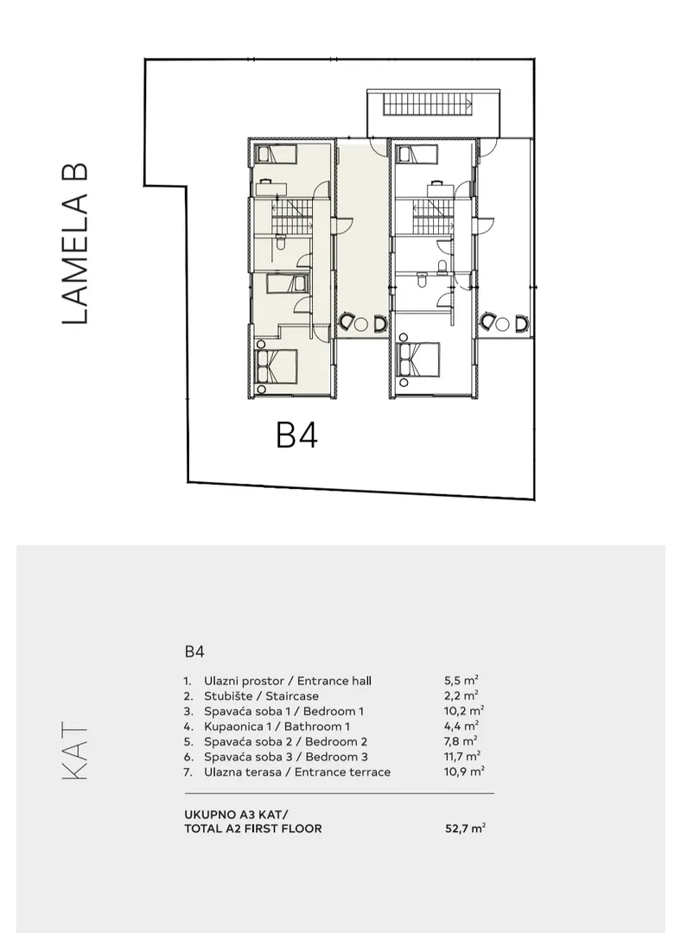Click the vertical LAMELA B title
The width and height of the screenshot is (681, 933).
(x=75, y=244)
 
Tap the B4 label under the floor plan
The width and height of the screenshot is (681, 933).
(x=296, y=435)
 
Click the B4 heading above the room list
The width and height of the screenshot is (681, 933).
(x=194, y=651)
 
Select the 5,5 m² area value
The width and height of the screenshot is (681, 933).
(x=461, y=680)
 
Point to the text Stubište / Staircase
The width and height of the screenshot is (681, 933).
(x=261, y=695)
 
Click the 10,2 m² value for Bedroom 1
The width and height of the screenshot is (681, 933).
(x=464, y=710)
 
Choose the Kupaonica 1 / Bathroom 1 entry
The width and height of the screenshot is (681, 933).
(x=277, y=726)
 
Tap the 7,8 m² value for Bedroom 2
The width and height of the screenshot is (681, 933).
(x=461, y=741)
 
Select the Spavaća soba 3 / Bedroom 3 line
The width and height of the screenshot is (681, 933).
(x=286, y=756)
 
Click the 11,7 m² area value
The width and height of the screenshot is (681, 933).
(x=462, y=756)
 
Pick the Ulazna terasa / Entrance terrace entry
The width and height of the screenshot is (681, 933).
(x=297, y=771)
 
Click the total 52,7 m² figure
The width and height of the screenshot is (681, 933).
(x=466, y=828)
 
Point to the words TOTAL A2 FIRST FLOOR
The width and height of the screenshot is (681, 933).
(x=253, y=828)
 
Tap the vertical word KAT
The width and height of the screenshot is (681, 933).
(x=75, y=751)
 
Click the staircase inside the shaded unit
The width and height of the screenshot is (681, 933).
(x=292, y=217)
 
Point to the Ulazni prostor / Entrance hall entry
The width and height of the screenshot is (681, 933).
(x=288, y=680)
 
